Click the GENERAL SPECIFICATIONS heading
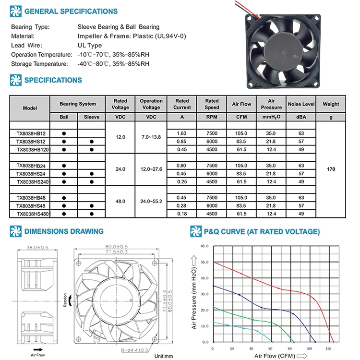[x=71, y=11]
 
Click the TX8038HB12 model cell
[x=31, y=133]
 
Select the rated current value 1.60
[x=182, y=133]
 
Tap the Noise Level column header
[x=301, y=104]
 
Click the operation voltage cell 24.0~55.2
[x=151, y=201]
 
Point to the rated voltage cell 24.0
[x=120, y=169]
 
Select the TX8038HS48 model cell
[x=31, y=205]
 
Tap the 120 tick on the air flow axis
[x=329, y=348]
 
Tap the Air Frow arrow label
[x=38, y=356]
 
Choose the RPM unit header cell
[x=212, y=117]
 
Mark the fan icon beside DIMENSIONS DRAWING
[x=16, y=231]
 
